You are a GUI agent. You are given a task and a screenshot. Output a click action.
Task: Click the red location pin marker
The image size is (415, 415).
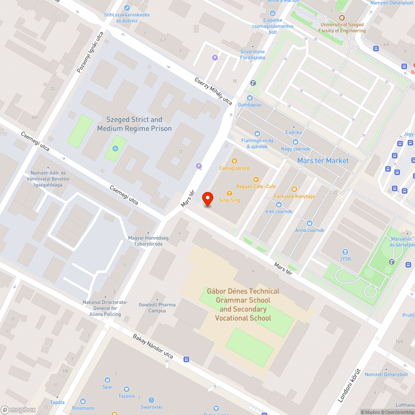click(x=207, y=198)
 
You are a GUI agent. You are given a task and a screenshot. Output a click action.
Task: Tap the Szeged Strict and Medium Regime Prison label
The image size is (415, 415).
click(x=134, y=124)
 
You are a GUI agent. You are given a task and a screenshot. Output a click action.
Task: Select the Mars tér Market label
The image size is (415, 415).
click(x=323, y=161)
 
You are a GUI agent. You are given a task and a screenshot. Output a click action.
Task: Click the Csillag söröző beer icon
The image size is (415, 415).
click(x=234, y=161)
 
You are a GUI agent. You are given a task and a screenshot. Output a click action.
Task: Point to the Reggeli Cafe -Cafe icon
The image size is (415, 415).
click(x=256, y=180)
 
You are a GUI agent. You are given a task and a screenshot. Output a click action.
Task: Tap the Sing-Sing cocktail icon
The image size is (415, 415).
click(x=229, y=193)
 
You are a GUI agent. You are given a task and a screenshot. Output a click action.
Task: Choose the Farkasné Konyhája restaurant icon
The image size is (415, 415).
click(x=294, y=189)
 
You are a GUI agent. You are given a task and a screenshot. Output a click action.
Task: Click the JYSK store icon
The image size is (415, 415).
click(x=345, y=252)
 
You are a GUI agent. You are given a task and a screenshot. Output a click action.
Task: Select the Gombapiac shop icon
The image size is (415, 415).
click(x=249, y=98)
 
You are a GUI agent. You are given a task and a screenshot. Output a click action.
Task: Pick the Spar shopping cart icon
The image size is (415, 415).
click(x=107, y=380)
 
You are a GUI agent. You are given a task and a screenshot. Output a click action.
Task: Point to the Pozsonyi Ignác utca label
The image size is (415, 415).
click(x=90, y=52)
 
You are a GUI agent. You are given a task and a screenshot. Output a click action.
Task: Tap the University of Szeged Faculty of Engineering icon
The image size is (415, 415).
click(x=342, y=18)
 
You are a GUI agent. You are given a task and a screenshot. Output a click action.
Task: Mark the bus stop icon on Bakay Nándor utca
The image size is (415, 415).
click(x=186, y=359)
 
